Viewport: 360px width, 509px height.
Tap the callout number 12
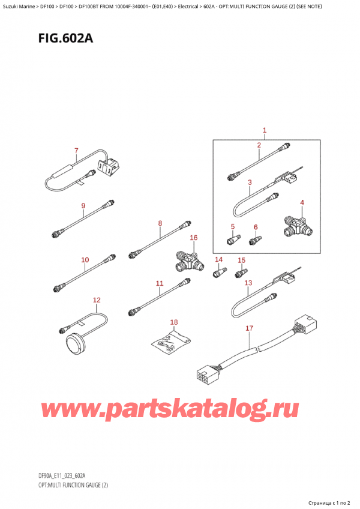(97, 300)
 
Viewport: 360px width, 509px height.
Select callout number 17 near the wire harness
(250, 328)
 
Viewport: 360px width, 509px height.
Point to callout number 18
(174, 322)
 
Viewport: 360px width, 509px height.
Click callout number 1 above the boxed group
(265, 130)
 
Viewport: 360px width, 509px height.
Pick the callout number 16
(193, 238)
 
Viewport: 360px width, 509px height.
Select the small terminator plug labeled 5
(231, 240)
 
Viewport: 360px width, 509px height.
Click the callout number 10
(85, 260)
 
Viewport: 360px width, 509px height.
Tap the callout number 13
(248, 283)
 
